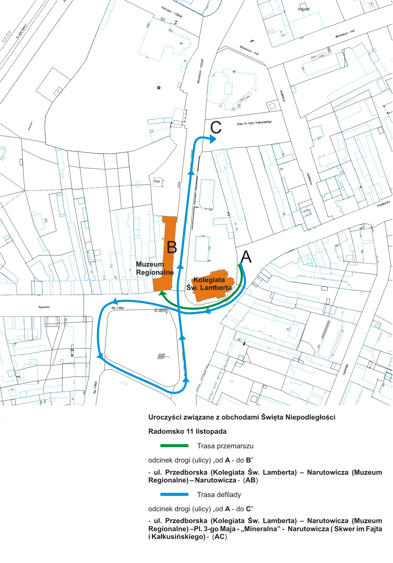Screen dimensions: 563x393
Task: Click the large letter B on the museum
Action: coord(172,247)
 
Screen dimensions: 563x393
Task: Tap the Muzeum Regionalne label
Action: coord(155,268)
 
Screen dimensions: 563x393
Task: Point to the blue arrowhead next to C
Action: coord(213,139)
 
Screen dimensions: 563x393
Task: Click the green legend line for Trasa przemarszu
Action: coord(174,446)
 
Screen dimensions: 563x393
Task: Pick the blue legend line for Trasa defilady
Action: coord(174,494)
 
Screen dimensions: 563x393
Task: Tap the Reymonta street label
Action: coord(44,307)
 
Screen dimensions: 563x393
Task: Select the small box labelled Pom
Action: coord(157,181)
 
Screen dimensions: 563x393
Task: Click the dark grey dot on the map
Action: coord(158,88)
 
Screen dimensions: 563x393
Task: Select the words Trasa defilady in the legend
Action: coord(219,495)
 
